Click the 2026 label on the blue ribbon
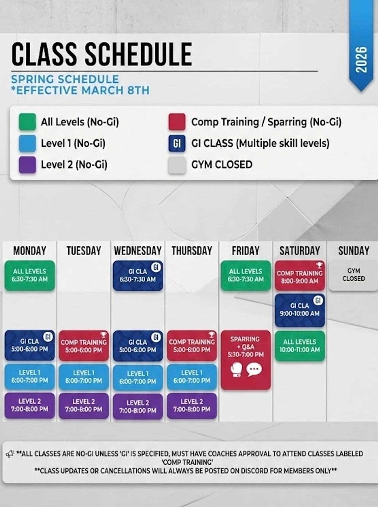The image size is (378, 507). click(361, 60)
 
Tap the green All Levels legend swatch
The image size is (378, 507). click(27, 122)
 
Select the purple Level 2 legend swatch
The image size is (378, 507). click(27, 165)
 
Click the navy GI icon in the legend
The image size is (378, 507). click(177, 143)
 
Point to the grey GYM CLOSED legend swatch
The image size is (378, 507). click(177, 165)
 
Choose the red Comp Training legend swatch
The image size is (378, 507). click(177, 122)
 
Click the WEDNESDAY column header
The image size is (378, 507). click(138, 251)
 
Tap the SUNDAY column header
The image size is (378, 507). click(354, 251)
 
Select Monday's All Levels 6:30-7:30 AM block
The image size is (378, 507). click(30, 275)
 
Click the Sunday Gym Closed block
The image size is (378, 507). click(354, 275)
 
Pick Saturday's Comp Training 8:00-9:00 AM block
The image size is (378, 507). click(300, 275)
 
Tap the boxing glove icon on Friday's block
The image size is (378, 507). click(236, 370)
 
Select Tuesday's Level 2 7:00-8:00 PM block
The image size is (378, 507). click(84, 406)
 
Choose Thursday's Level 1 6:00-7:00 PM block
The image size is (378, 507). click(192, 377)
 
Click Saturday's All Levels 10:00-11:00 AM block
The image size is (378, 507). click(300, 346)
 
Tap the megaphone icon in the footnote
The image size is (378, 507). click(10, 454)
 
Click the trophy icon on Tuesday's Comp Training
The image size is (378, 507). click(103, 335)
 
